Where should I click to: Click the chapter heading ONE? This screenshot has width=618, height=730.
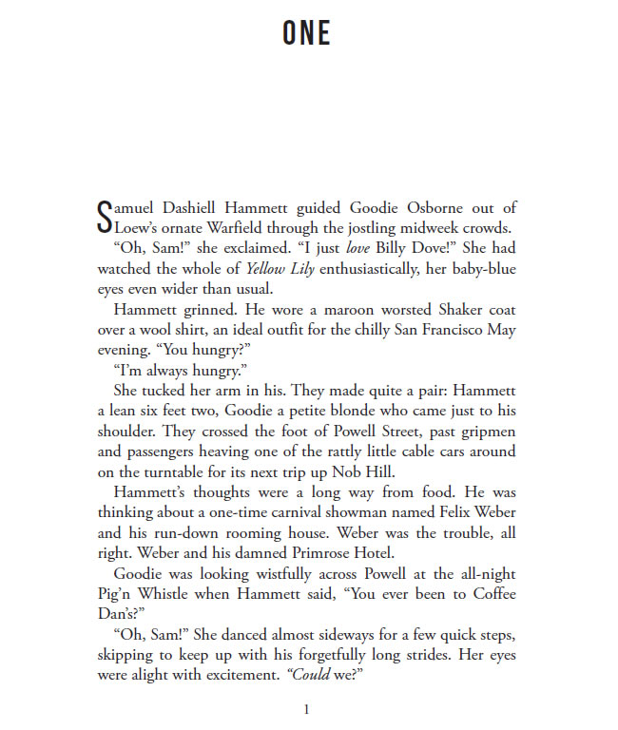tap(306, 34)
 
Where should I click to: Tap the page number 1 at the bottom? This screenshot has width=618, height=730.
tap(305, 709)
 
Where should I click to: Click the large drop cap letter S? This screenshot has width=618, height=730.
tap(105, 215)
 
